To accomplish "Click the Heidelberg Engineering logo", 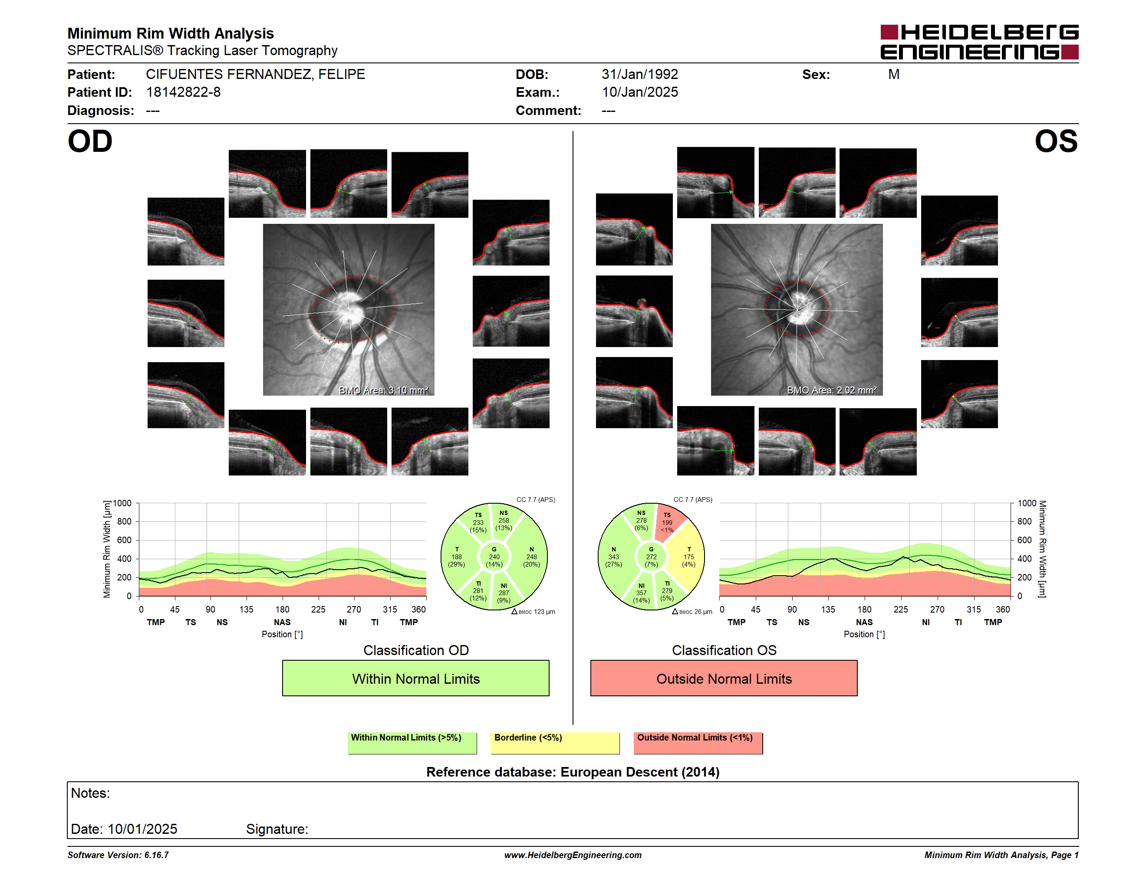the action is [x=979, y=42].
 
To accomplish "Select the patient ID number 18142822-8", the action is [x=183, y=92].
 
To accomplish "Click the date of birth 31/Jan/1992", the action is [x=640, y=75].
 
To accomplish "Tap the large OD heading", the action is [x=90, y=141].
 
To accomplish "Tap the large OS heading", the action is [x=1056, y=141].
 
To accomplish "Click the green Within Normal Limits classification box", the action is [x=415, y=678].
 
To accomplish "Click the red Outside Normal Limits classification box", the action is [x=724, y=678].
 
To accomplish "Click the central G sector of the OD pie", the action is [x=494, y=557].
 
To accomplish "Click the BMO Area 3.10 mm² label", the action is [x=384, y=390].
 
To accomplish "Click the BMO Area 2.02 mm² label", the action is [x=832, y=390].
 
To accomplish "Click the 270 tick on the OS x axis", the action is [x=937, y=609].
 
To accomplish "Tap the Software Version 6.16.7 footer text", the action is [x=118, y=855].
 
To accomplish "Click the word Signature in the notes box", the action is [x=277, y=829].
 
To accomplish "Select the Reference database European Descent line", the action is [x=573, y=772].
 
